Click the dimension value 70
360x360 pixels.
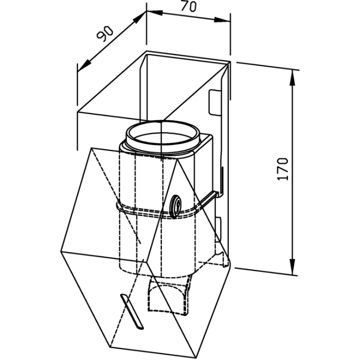pyautogui.click(x=189, y=6)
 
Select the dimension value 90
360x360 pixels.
pyautogui.click(x=105, y=34)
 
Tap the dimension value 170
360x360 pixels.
pyautogui.click(x=283, y=169)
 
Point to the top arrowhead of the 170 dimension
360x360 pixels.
pyautogui.click(x=293, y=78)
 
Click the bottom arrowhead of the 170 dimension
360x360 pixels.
pyautogui.click(x=292, y=267)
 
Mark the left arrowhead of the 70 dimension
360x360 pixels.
pyautogui.click(x=155, y=12)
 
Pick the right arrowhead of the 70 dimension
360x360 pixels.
pyautogui.click(x=222, y=20)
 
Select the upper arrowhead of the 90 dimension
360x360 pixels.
pyautogui.click(x=139, y=17)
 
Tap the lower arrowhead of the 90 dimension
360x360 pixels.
pyautogui.click(x=84, y=65)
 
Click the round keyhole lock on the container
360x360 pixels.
pyautogui.click(x=176, y=206)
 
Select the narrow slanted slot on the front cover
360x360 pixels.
pyautogui.click(x=132, y=311)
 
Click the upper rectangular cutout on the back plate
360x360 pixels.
pyautogui.click(x=214, y=102)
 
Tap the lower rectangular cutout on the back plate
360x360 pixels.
pyautogui.click(x=218, y=229)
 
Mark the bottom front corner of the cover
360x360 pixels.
pyautogui.click(x=195, y=358)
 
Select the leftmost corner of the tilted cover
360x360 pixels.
pyautogui.click(x=61, y=251)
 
